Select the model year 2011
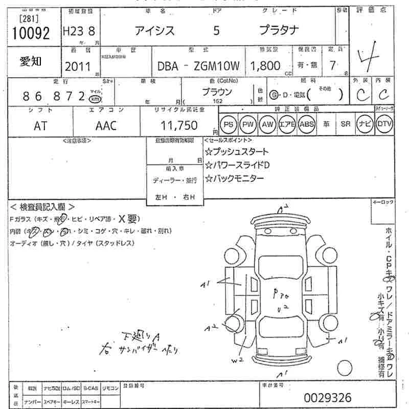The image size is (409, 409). point(78,66)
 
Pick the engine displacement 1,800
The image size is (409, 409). point(265,65)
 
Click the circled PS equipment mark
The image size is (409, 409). point(228,124)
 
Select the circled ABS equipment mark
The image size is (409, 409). point(306,124)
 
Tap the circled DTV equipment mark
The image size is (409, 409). point(384,124)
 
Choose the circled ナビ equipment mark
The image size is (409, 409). point(364,124)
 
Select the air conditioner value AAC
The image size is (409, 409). point(106,126)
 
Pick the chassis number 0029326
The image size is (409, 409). point(327,397)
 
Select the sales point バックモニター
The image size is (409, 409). point(238,178)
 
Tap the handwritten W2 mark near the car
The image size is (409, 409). point(236,361)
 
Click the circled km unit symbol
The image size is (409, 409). point(95,98)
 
